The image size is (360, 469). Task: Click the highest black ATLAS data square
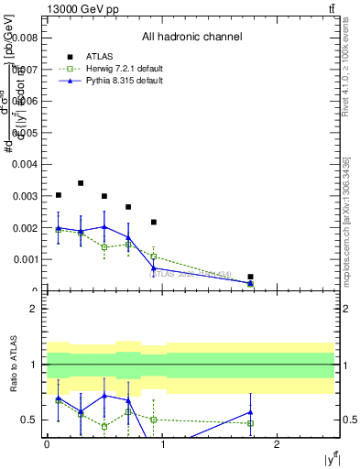coord(81,183)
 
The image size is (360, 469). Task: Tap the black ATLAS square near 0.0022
coord(154,222)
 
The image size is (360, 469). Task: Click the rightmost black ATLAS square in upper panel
coord(250,277)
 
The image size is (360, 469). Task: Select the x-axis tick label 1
coord(162,444)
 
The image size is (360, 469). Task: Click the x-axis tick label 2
coord(278,444)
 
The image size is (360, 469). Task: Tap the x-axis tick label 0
coord(47,444)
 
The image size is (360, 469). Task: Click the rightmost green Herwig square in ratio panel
coord(250,423)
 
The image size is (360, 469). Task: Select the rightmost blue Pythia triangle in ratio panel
coord(250,412)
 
